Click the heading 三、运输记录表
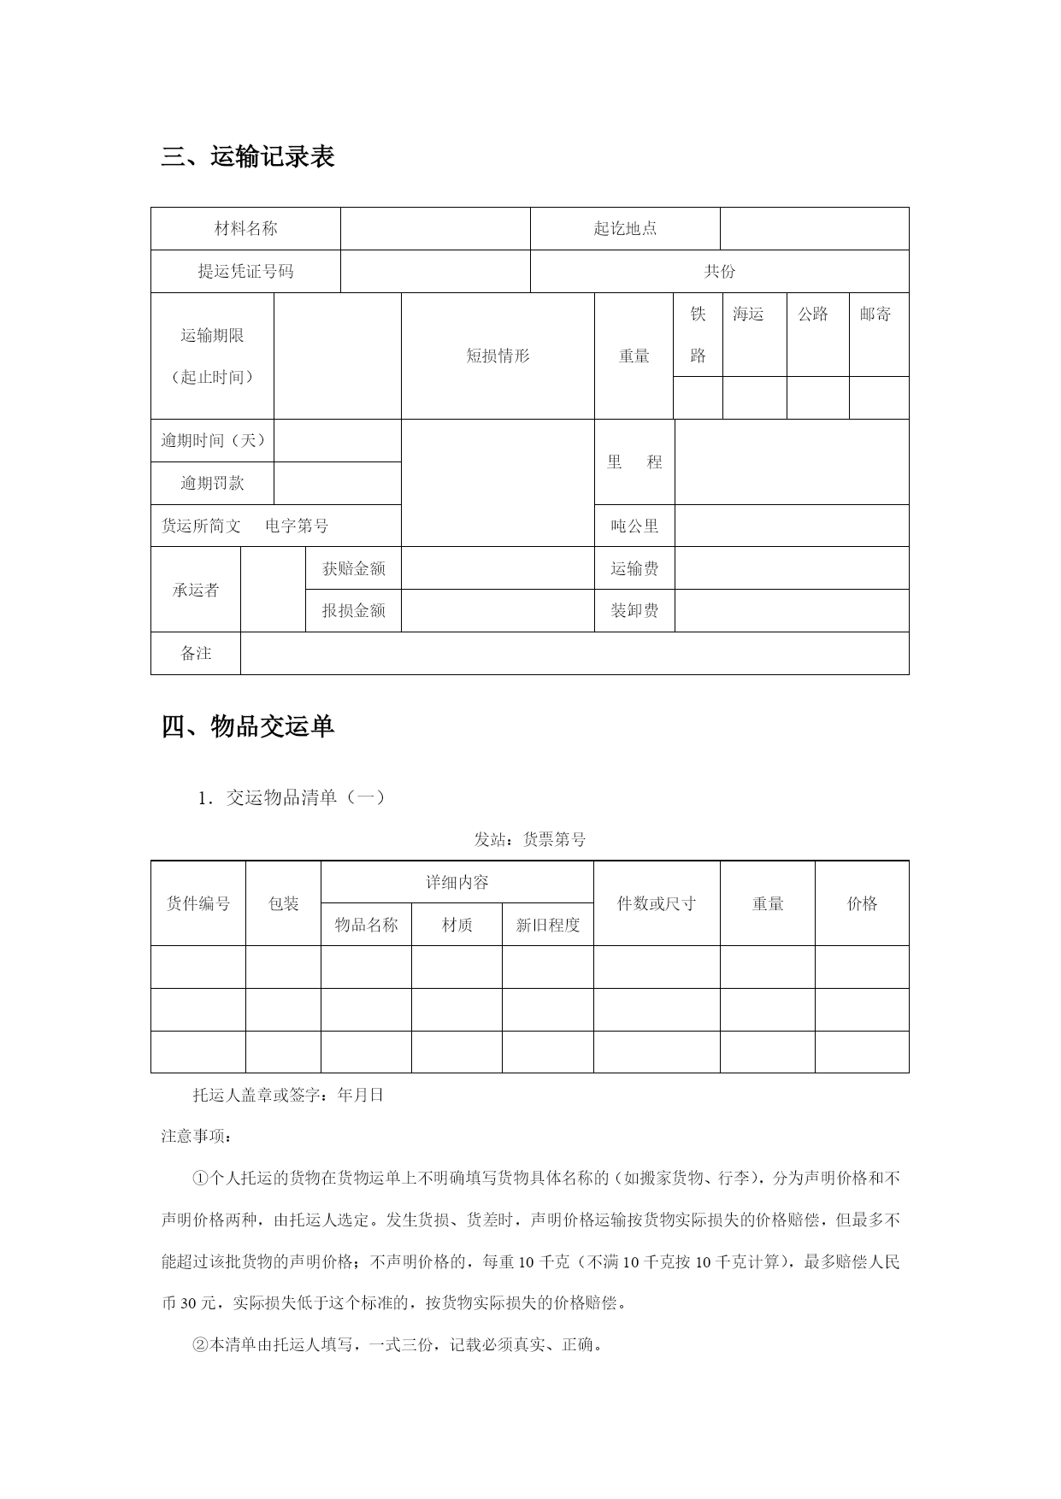tap(248, 157)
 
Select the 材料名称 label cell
tap(245, 228)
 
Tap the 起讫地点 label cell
tap(625, 228)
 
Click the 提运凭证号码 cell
tap(245, 271)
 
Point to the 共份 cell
tap(719, 271)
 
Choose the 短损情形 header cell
tap(498, 356)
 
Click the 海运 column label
tap(748, 314)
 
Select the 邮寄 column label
tap(875, 314)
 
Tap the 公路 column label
tap(813, 314)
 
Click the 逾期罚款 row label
tap(212, 483)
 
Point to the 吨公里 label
tap(634, 526)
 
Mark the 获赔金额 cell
tap(353, 568)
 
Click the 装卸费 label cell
tap(634, 610)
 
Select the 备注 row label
tap(196, 653)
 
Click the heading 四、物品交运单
tap(248, 726)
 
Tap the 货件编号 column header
tap(198, 903)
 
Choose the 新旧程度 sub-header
tap(548, 925)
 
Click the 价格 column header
tap(862, 903)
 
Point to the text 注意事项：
tap(196, 1136)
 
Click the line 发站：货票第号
tap(530, 839)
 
